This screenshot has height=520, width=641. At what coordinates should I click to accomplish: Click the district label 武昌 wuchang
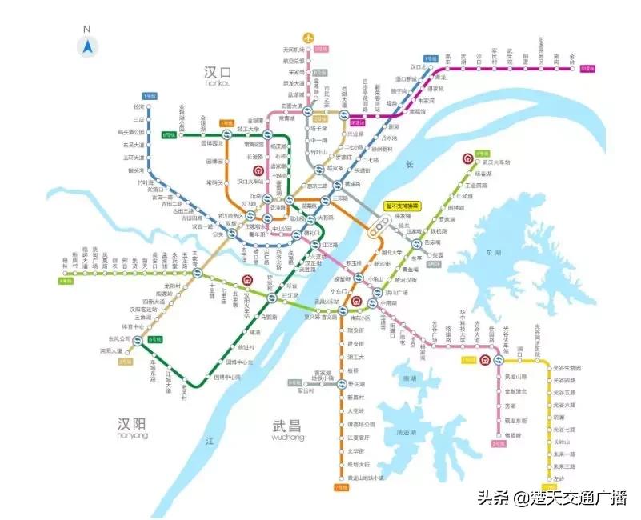point(287,429)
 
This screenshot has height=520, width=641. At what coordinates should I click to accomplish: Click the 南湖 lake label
point(412,378)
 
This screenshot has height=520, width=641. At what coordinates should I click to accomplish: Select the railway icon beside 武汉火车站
point(467,158)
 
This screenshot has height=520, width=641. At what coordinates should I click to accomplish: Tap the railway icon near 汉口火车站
point(258,170)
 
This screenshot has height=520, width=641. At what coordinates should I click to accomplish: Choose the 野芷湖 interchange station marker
point(337,386)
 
